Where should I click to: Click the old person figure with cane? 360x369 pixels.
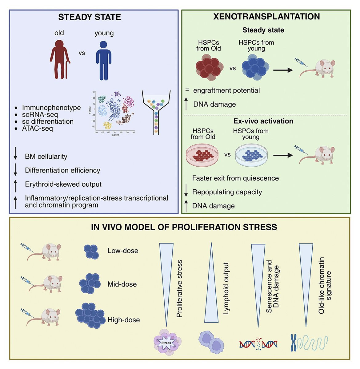coord(60,60)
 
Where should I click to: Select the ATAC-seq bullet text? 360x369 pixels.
coord(37,129)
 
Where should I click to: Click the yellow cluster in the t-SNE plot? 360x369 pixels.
coord(107,125)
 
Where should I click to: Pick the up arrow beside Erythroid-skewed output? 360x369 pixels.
coord(15,185)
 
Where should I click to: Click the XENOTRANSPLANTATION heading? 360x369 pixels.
coord(266,17)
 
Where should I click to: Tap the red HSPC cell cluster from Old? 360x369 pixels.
coord(209,68)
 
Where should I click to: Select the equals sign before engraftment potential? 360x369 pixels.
coord(187,90)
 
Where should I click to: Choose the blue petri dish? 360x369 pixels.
coord(251,155)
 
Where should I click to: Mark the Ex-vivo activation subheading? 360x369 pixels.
coord(263,121)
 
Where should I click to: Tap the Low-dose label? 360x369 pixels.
coord(123,251)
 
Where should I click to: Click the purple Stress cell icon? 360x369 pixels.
coord(166,342)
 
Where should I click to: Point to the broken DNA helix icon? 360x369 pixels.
coord(258,344)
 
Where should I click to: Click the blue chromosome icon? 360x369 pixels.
coord(294,343)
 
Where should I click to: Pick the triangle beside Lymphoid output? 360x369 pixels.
coord(211,286)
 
